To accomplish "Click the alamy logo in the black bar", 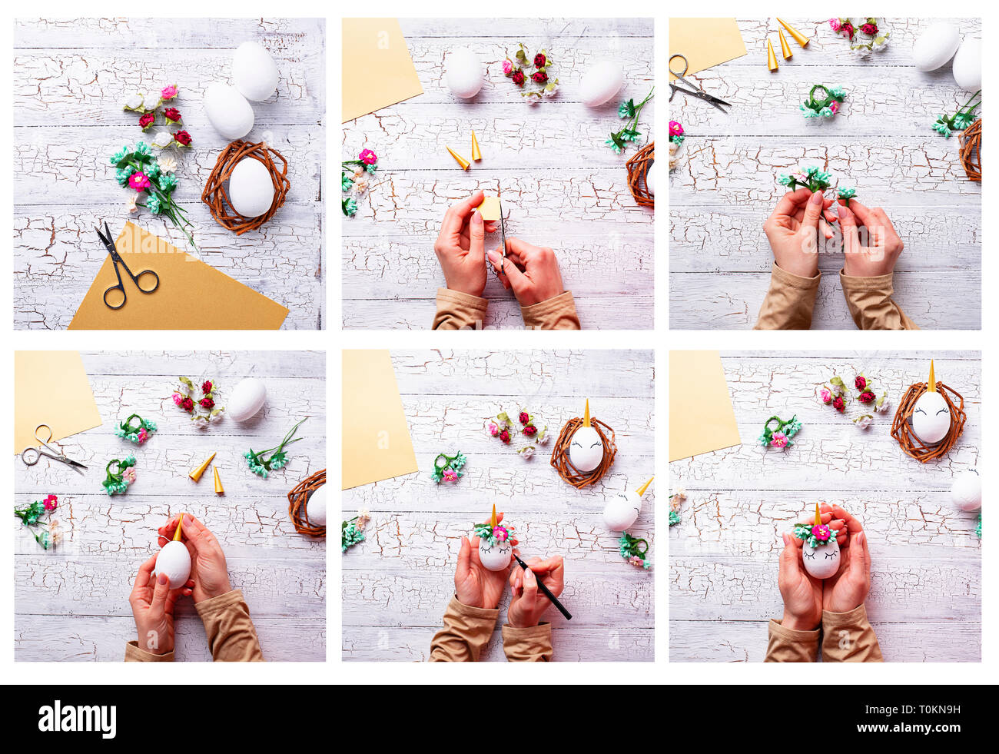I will [x=78, y=719].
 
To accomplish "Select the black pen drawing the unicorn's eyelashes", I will [x=543, y=587].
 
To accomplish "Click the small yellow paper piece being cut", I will [x=490, y=208].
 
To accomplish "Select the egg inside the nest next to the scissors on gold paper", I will [x=251, y=187].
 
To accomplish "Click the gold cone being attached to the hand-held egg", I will [x=178, y=529].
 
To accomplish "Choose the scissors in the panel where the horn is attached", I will [x=51, y=450].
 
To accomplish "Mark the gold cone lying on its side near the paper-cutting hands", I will [x=458, y=158].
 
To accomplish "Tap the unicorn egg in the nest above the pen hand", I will [x=586, y=447].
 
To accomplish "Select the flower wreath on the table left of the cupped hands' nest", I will [x=778, y=433].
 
